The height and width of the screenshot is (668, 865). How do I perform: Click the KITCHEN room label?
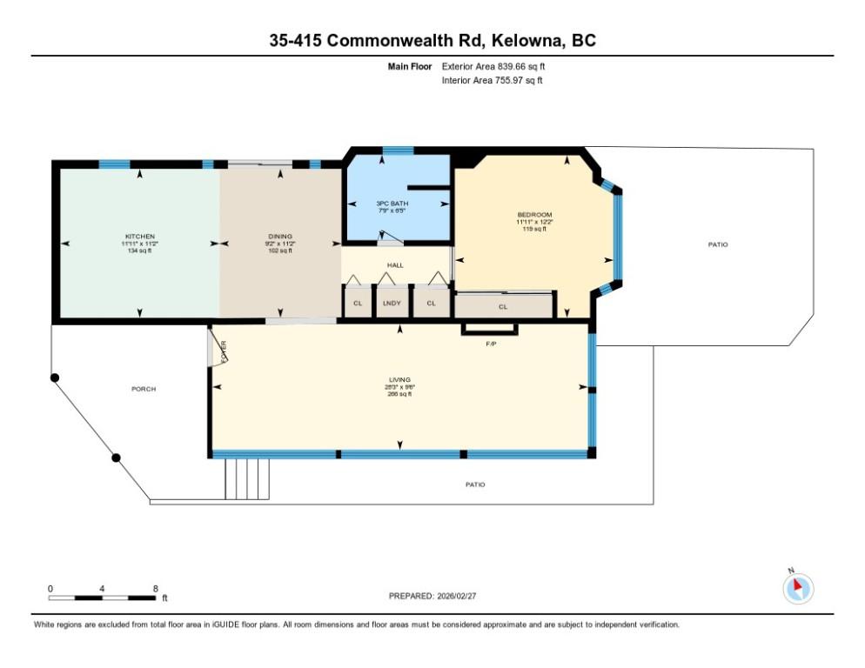click(139, 237)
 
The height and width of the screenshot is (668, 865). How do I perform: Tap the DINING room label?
click(280, 237)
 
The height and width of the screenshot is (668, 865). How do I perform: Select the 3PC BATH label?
click(397, 204)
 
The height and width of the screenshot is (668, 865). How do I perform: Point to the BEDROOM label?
click(534, 214)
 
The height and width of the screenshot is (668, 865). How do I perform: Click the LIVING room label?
click(399, 379)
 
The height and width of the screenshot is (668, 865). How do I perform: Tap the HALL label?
click(395, 264)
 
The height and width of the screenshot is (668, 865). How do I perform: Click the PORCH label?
click(144, 389)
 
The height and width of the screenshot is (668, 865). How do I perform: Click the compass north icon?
click(798, 588)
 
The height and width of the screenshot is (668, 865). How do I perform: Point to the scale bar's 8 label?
click(155, 589)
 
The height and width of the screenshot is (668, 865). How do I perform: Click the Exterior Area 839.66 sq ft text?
click(493, 66)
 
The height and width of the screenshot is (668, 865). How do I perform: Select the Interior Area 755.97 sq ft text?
click(493, 80)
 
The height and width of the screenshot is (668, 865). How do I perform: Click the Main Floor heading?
click(410, 66)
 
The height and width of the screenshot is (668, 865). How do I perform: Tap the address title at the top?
click(432, 40)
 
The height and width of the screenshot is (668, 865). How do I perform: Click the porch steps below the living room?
click(247, 478)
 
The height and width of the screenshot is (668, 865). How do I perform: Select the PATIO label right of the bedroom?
click(718, 244)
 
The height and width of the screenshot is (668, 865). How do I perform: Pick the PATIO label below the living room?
click(474, 484)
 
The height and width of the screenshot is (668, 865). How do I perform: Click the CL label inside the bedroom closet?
click(503, 307)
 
